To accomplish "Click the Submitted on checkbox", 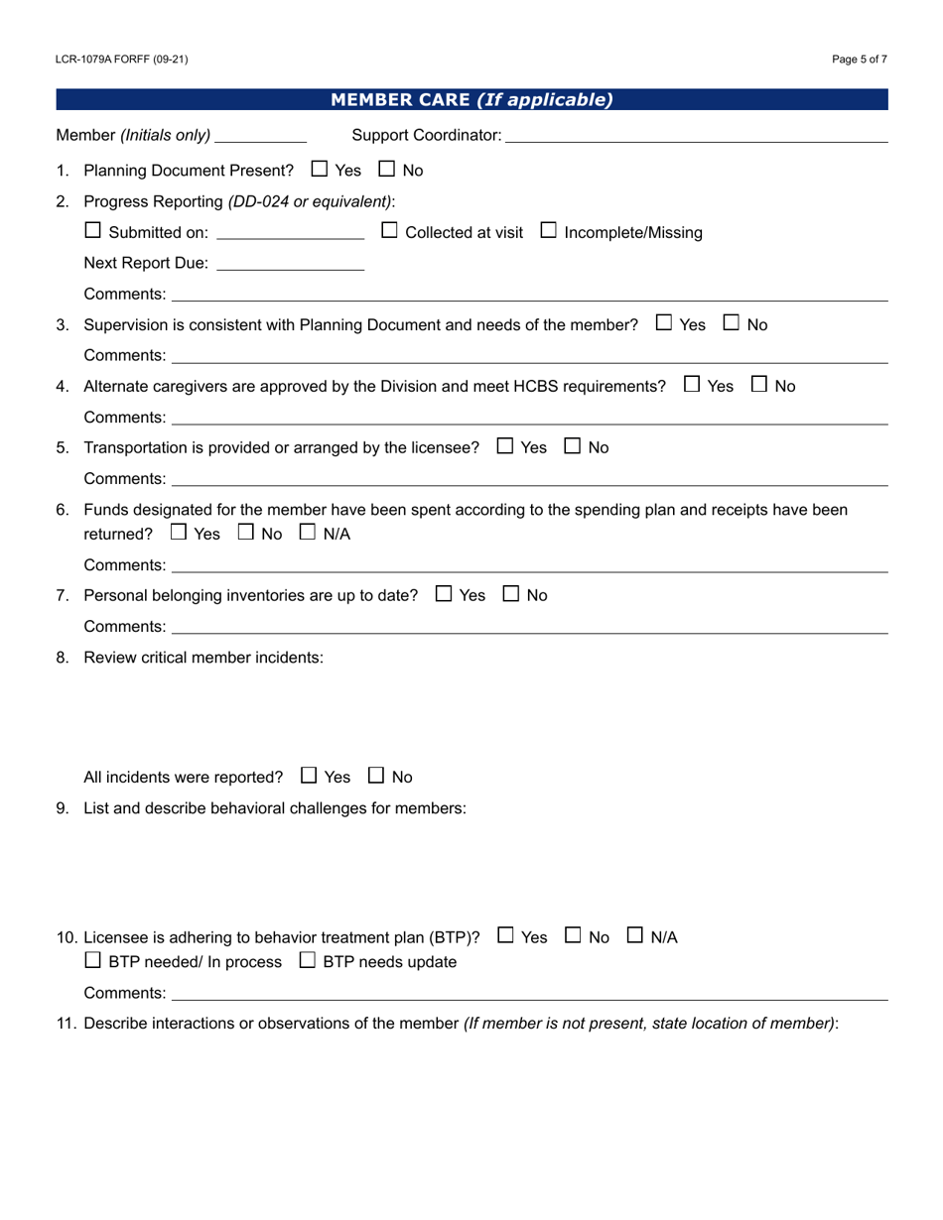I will [92, 231].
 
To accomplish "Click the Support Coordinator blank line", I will [695, 135].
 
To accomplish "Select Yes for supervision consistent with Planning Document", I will [663, 323].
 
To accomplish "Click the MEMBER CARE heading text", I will [471, 99].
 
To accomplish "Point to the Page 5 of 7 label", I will [860, 60].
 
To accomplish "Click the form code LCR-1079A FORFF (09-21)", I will [122, 60].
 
